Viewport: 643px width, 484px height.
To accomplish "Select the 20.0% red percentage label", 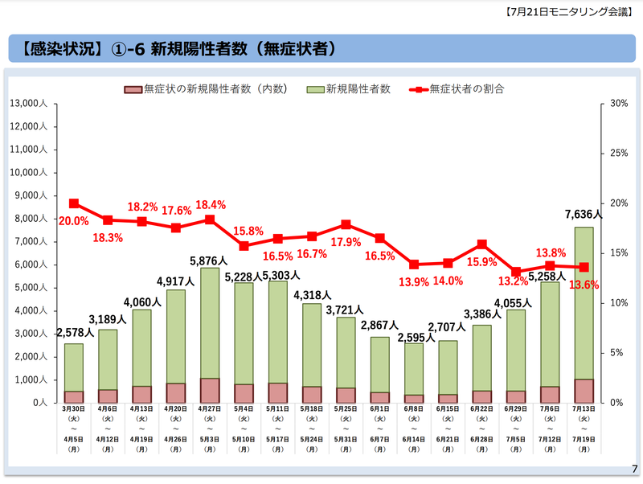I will point(73,221).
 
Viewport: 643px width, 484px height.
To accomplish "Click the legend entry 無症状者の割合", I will point(466,89).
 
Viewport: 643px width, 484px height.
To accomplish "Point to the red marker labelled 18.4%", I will point(210,219).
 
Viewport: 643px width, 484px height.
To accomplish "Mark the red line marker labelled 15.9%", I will point(481,244).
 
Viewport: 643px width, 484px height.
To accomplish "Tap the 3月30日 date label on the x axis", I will point(74,409).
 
